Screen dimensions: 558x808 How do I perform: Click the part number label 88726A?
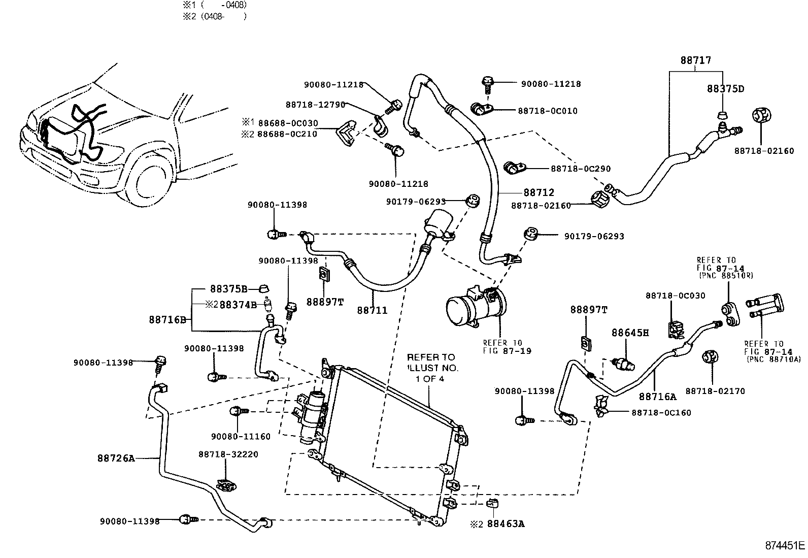coord(116,458)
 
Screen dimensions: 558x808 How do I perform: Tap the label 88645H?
coord(630,333)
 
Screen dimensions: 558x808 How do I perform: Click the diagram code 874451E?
coord(785,546)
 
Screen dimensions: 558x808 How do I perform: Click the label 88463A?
coord(506,523)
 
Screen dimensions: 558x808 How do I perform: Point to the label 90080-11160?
coord(241,436)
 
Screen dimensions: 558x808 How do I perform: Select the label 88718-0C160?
coord(661,413)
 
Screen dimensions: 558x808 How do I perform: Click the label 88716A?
coord(658,397)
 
